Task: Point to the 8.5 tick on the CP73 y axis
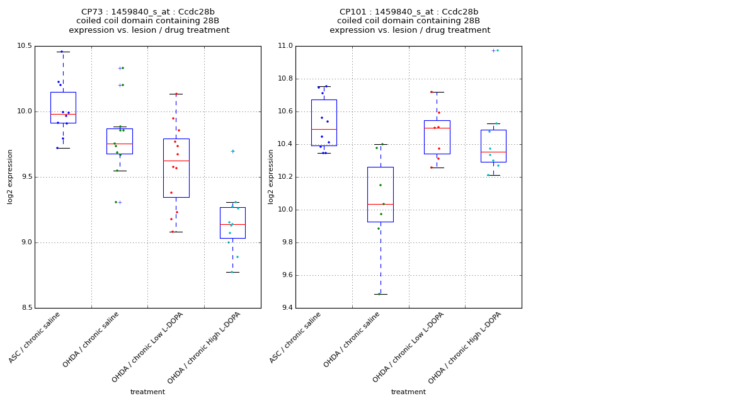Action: (24, 308)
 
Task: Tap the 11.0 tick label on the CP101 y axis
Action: (285, 46)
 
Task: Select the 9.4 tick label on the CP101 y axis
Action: (285, 308)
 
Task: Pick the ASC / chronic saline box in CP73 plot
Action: (63, 107)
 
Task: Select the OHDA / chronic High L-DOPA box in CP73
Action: (232, 222)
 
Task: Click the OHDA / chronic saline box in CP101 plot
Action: (381, 194)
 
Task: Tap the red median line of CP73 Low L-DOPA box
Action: (176, 161)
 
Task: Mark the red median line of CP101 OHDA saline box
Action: (381, 204)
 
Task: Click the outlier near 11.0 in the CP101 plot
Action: (494, 50)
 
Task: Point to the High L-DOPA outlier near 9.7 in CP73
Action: (232, 151)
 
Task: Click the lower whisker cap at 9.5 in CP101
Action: (381, 294)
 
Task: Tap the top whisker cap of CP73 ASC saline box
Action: (63, 52)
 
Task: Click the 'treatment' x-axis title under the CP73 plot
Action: (147, 392)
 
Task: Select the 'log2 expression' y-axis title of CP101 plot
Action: (271, 176)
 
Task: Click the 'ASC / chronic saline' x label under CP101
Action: (295, 338)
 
